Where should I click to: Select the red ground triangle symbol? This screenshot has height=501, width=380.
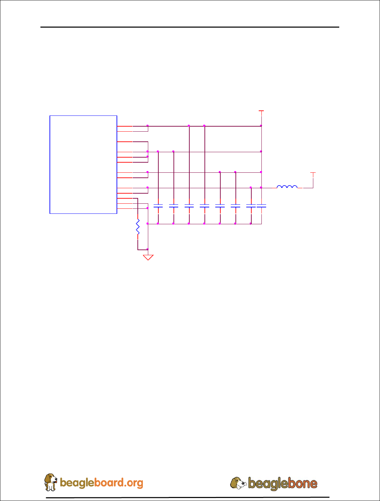pos(148,258)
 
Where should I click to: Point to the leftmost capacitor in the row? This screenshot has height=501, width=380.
pos(158,205)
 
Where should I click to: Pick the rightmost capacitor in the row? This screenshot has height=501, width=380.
pos(261,205)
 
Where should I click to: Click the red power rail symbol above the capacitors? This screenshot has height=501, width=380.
pos(261,111)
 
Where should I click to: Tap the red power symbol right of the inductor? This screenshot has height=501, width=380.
pos(313,173)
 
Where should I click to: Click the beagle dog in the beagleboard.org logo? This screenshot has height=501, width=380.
pos(51,482)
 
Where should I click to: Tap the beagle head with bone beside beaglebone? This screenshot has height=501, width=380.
pos(239,483)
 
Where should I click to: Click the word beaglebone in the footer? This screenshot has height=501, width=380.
pos(283,483)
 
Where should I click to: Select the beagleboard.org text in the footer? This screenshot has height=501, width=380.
pos(101,483)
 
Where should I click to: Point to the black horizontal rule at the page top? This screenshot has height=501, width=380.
pos(190,27)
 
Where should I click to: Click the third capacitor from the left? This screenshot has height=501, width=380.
pos(189,205)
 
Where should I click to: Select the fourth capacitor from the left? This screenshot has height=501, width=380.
pos(204,205)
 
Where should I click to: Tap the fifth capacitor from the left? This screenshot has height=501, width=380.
pos(220,205)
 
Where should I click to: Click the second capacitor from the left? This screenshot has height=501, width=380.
pos(173,205)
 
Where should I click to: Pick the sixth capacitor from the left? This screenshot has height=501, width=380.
pos(235,205)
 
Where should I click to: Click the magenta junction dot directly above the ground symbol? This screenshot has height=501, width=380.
pos(148,249)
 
